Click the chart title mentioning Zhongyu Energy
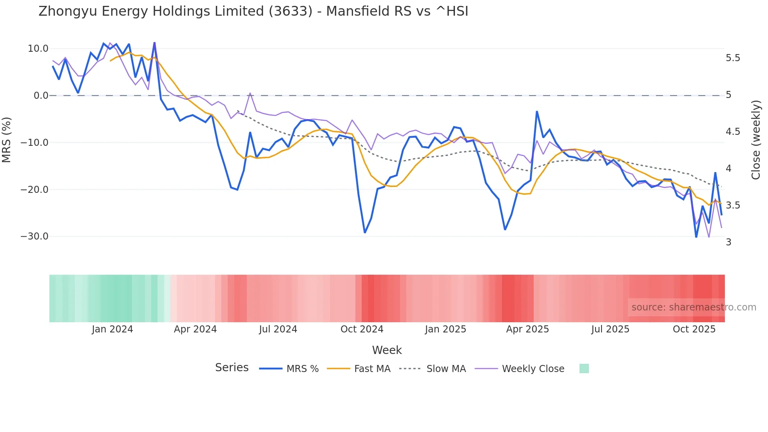[x=253, y=11]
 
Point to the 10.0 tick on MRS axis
[x=38, y=49]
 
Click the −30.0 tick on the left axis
[x=34, y=236]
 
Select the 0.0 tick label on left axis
[x=41, y=96]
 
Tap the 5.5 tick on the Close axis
[x=733, y=58]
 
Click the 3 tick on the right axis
[x=728, y=242]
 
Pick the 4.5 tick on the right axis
[x=733, y=132]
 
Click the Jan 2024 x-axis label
[x=112, y=329]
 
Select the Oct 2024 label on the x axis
[x=362, y=329]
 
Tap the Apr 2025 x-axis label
[x=527, y=329]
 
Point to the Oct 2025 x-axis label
[x=694, y=329]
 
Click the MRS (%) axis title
[x=7, y=140]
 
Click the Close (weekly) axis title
[x=756, y=140]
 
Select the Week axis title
[x=387, y=350]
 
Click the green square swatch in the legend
[x=584, y=368]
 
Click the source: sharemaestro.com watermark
[x=694, y=307]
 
